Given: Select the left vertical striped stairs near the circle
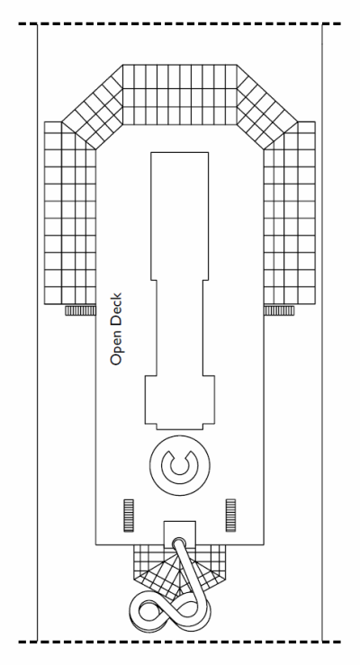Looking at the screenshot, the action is coord(128,516).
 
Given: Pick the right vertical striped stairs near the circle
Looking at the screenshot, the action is coord(230,516).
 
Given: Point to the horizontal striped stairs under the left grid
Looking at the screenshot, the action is coord(80,310).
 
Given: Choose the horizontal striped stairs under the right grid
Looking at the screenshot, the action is coord(279,310).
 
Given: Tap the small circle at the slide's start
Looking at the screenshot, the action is coord(179,544).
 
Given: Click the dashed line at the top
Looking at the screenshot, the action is coord(180,23).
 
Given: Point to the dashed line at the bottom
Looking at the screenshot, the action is coord(180,642).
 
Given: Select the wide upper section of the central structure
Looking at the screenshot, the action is coord(180,216).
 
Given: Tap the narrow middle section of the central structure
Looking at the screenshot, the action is coord(180,328).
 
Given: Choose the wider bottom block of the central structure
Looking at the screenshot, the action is coord(180,402).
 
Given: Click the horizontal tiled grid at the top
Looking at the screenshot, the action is coord(180,94).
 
